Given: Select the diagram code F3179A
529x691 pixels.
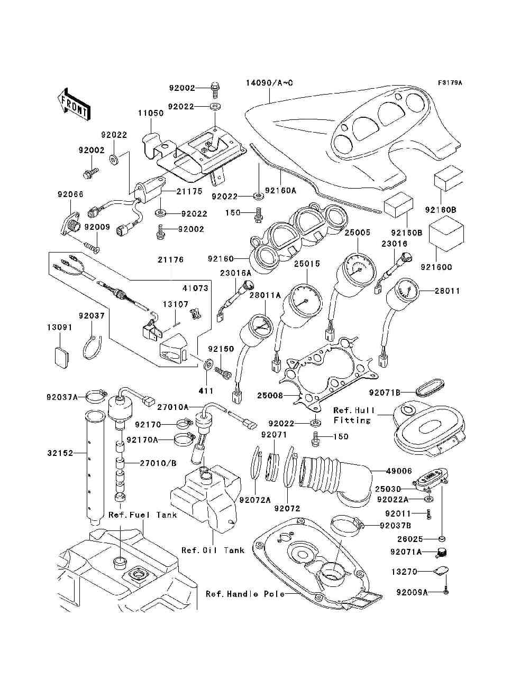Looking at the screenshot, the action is point(450,83).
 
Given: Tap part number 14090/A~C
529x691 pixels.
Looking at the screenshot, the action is point(270,83).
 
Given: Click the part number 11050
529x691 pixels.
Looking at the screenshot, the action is point(151,113).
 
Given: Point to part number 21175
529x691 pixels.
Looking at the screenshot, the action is point(189,191).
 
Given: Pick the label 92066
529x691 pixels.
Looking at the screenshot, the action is point(70,194).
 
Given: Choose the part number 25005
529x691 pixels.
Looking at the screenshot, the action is point(357,232).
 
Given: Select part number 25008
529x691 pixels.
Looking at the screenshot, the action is point(270,395).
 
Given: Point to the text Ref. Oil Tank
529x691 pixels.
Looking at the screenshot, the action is point(213,550).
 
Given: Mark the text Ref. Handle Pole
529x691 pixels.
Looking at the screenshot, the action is point(245,594).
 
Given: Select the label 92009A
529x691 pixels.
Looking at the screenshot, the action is point(412,592).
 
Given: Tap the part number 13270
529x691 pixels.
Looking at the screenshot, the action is point(404,572).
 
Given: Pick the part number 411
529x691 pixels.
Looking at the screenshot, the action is point(206,391).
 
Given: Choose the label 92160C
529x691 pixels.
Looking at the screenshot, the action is point(436,267).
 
